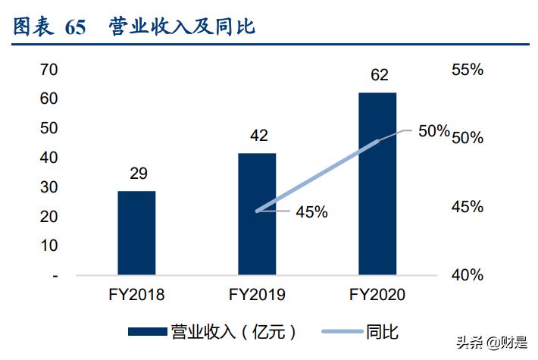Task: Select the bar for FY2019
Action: click(x=257, y=213)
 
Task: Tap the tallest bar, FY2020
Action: click(x=377, y=183)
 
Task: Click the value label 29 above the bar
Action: click(x=138, y=174)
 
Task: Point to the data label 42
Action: click(x=258, y=136)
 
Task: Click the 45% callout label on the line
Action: click(x=311, y=212)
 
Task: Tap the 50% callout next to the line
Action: click(x=434, y=131)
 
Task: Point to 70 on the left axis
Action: click(x=49, y=69)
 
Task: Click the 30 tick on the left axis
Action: click(x=49, y=187)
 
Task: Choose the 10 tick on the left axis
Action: click(x=49, y=246)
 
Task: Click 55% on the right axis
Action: click(x=467, y=70)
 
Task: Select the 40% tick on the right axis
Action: click(x=467, y=275)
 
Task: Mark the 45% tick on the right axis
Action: click(x=467, y=207)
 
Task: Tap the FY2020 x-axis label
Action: click(x=377, y=296)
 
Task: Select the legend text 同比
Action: click(x=382, y=331)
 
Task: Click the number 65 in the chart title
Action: click(x=76, y=27)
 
